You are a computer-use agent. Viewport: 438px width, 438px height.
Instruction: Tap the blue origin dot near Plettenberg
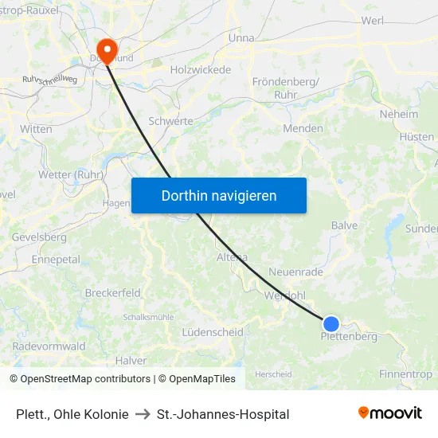click(331, 323)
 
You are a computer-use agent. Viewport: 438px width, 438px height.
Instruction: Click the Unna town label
click(241, 37)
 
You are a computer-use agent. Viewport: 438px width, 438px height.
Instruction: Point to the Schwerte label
click(170, 121)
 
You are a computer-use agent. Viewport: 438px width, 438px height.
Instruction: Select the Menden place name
click(303, 128)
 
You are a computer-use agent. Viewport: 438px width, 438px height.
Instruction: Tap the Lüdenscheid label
click(212, 331)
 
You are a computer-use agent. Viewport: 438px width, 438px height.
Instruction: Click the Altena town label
click(232, 257)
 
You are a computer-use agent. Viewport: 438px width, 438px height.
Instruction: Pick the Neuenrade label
click(296, 272)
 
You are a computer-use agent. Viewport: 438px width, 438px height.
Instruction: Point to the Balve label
click(345, 225)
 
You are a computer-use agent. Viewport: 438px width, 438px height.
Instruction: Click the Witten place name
click(37, 129)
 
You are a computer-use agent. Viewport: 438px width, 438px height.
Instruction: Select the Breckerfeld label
click(113, 293)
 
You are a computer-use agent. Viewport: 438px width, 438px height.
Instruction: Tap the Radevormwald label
click(49, 346)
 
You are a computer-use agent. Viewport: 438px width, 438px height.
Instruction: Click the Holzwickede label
click(201, 70)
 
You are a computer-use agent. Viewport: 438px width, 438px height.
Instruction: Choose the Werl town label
click(373, 21)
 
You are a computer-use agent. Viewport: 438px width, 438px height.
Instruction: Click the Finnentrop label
click(406, 374)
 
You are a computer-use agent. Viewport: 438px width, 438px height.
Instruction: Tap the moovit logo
click(389, 413)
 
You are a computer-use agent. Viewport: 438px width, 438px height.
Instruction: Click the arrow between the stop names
click(143, 414)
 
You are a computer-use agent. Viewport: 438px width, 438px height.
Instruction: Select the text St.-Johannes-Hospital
click(223, 414)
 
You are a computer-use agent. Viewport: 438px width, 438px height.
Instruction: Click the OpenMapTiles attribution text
click(197, 379)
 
